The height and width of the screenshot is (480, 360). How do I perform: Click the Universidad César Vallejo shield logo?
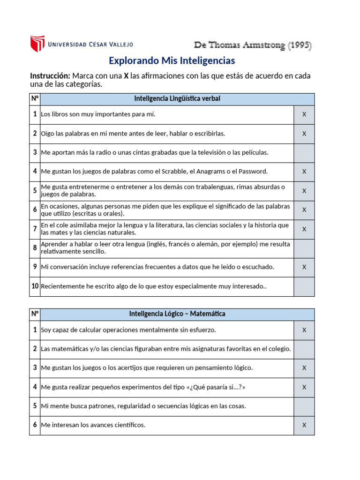[37, 44]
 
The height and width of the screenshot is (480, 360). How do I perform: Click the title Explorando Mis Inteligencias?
[172, 60]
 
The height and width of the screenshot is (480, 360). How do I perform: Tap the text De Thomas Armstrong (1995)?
[253, 45]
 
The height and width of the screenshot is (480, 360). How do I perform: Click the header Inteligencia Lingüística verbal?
[177, 98]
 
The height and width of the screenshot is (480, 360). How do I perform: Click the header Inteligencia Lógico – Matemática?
[177, 314]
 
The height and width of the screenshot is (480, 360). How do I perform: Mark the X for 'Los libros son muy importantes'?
[304, 114]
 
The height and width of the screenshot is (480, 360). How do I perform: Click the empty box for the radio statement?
[304, 153]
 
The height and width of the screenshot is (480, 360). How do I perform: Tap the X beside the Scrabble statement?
[304, 172]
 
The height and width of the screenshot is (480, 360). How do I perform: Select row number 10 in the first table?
[35, 286]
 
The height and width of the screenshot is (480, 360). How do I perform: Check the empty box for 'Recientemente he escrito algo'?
[304, 286]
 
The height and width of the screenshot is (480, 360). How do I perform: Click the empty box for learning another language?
[304, 248]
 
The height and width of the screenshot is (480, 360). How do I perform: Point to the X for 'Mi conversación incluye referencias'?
[304, 267]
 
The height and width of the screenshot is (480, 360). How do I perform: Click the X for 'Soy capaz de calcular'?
[304, 330]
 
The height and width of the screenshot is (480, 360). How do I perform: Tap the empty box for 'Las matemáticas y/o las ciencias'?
[304, 349]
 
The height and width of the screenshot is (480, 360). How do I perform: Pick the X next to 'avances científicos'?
[304, 425]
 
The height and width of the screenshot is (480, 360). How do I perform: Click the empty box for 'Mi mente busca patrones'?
[304, 406]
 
